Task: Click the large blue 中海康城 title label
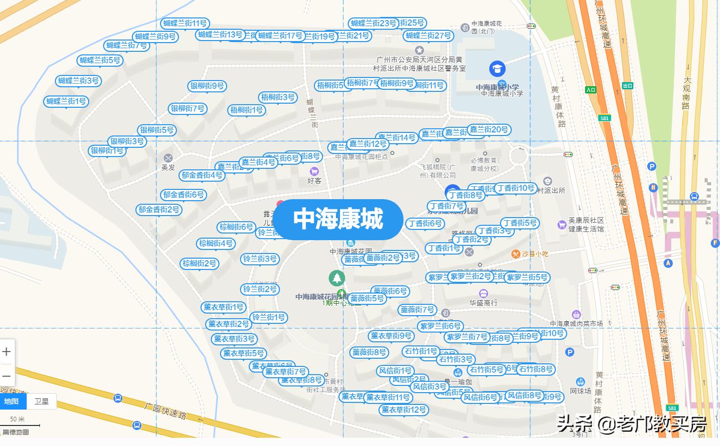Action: pos(338,219)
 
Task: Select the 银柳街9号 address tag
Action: pos(207,86)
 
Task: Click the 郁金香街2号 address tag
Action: pos(159,209)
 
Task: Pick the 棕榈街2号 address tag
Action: pos(200,263)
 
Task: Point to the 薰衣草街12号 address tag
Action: pos(404,410)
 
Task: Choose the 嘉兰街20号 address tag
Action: pos(489,129)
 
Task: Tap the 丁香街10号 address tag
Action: pos(516,188)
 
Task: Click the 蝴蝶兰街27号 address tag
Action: pos(428,35)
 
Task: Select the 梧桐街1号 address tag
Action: pos(247,110)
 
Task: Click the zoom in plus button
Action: pos(7,352)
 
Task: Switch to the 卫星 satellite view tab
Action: pos(42,401)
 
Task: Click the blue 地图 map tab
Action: pos(11,401)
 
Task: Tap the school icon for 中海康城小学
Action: pos(496,69)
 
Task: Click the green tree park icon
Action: pos(336,278)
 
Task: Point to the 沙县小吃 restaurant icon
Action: pos(515,254)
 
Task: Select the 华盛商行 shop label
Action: pos(483,303)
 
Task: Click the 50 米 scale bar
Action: pos(21,423)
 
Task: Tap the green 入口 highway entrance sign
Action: pos(591,90)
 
